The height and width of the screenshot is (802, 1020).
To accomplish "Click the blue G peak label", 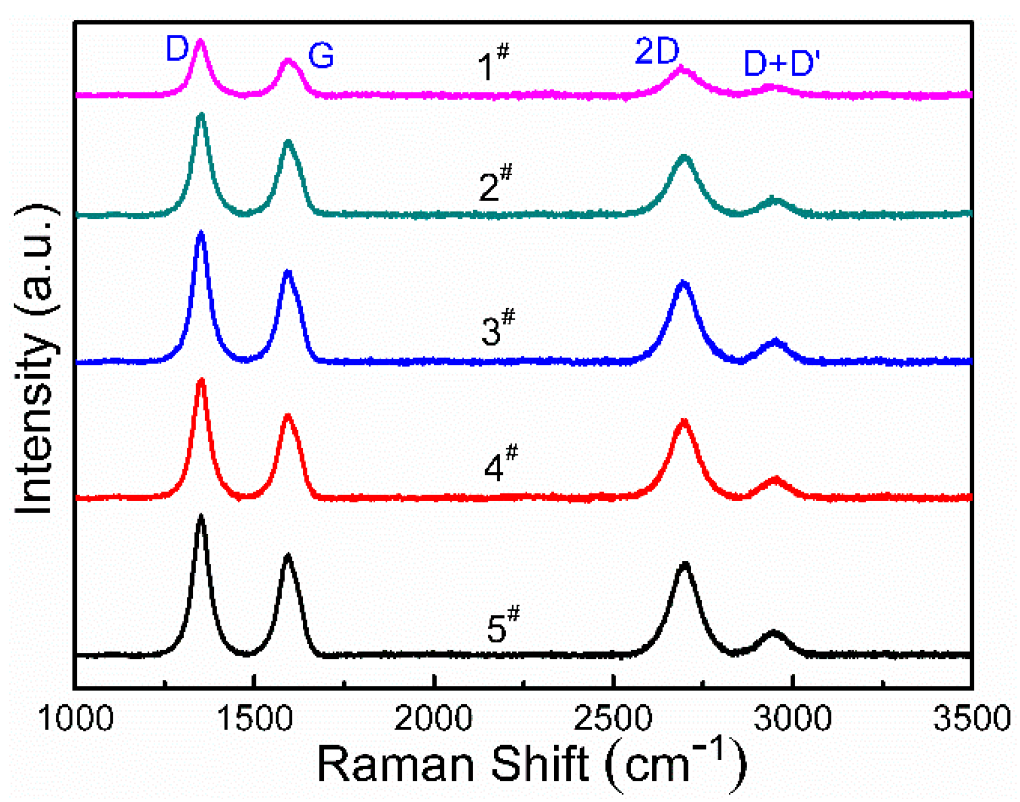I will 321,55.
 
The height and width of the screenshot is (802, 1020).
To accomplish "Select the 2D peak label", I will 657,51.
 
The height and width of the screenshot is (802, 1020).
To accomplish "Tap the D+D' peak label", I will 781,63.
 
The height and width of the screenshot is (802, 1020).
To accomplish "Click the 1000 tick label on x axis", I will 75,719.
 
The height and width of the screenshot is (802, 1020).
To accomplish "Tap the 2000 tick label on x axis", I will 434,719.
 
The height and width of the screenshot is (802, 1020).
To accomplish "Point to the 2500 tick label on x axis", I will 613,719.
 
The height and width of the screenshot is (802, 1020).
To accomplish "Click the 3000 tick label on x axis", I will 793,719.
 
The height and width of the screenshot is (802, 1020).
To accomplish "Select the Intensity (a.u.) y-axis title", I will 35,359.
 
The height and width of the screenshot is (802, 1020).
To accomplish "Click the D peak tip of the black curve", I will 201,516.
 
